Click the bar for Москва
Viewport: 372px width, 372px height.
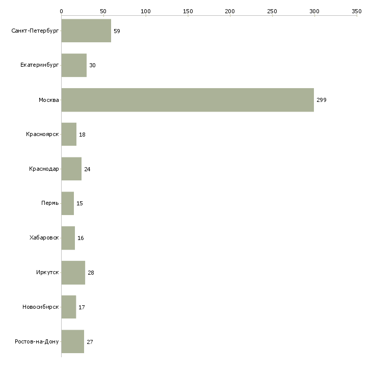[188, 100]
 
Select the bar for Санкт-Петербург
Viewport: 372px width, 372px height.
[86, 31]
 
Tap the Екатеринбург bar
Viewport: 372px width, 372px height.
[74, 65]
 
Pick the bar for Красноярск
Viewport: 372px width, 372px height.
[69, 135]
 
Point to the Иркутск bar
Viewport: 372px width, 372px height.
[73, 273]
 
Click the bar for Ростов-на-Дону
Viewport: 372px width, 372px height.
[72, 341]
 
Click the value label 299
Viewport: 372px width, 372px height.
[321, 100]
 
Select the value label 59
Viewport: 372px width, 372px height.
[117, 31]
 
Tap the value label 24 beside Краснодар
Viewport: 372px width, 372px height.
[87, 169]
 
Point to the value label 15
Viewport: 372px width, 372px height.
[79, 203]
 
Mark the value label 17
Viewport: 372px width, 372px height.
[82, 307]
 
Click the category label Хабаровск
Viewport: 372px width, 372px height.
[44, 238]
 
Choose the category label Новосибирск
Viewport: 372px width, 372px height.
[40, 307]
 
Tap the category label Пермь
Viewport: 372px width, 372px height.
[50, 203]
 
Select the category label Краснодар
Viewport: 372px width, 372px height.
[44, 169]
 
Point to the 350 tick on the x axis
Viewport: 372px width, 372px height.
[357, 11]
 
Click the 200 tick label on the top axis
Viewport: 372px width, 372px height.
[230, 11]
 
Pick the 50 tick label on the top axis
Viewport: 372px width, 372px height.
[103, 11]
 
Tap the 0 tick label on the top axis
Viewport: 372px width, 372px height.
[61, 11]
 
